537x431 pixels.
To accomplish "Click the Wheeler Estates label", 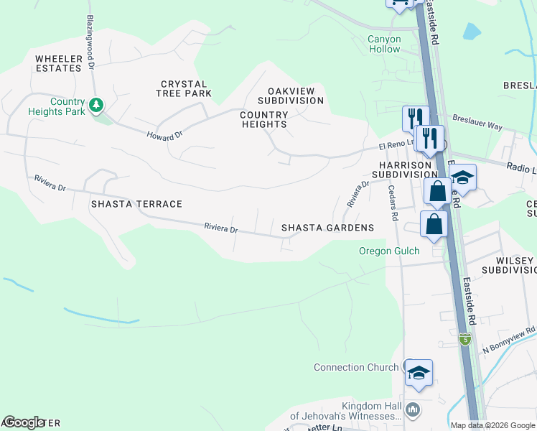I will (x=58, y=62).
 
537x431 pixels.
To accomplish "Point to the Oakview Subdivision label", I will (x=296, y=96).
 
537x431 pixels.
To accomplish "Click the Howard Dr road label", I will (x=165, y=135).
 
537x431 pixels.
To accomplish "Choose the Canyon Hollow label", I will (x=384, y=45).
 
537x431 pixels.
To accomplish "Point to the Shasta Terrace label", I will (x=136, y=204).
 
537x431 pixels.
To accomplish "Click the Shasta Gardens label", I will (x=327, y=228).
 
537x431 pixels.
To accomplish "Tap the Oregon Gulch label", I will (x=389, y=251).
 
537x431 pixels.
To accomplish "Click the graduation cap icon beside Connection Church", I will (x=419, y=372).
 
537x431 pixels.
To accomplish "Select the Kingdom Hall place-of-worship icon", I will (x=412, y=410).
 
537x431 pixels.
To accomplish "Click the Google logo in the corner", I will (x=24, y=422).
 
